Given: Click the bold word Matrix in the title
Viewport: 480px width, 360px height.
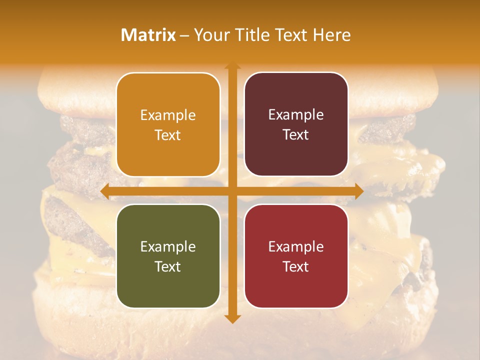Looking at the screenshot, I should (x=148, y=35).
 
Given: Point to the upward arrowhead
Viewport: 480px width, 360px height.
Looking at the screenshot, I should (x=232, y=66).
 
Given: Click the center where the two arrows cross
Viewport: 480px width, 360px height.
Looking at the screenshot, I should (x=232, y=190).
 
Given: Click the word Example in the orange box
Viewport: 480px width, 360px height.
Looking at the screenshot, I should (x=168, y=115).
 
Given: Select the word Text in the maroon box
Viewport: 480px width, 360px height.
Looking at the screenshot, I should (x=296, y=135).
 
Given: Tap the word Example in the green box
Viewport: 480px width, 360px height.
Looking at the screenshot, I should (x=168, y=247).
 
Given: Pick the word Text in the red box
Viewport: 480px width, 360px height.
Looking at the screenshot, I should (x=296, y=266).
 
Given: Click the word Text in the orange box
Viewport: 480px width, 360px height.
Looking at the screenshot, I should (x=168, y=135).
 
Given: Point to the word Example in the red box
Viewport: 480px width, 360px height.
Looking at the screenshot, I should (x=296, y=247).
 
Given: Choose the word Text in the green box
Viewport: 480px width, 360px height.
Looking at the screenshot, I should (x=168, y=266).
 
